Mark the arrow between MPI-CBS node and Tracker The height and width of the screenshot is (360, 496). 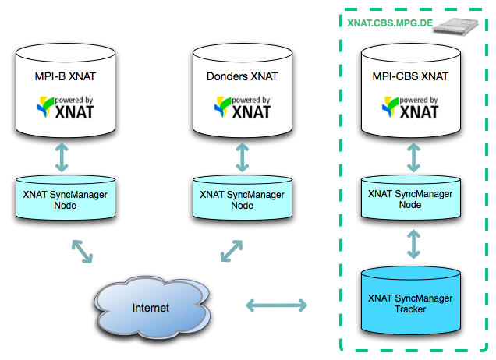coord(413,243)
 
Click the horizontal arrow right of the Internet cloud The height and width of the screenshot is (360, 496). coord(276,305)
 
